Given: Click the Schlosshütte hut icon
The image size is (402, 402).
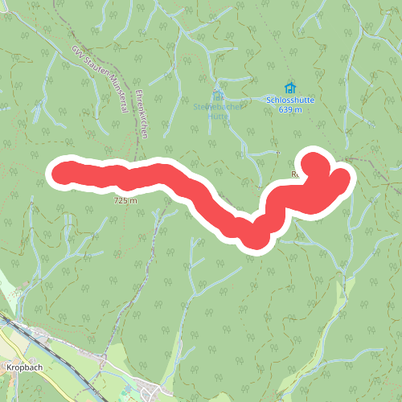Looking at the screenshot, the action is click(289, 88).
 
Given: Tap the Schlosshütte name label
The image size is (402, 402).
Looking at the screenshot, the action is click(289, 100).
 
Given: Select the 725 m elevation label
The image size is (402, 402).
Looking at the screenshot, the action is click(126, 200).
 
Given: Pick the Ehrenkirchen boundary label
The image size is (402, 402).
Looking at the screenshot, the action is click(142, 115).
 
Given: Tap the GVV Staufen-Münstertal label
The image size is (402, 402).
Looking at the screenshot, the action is click(101, 79).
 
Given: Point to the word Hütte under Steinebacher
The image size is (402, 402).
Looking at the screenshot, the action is click(218, 115).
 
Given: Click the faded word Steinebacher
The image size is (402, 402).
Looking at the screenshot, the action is click(217, 106).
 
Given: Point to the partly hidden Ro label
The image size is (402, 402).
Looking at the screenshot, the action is click(294, 174).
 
